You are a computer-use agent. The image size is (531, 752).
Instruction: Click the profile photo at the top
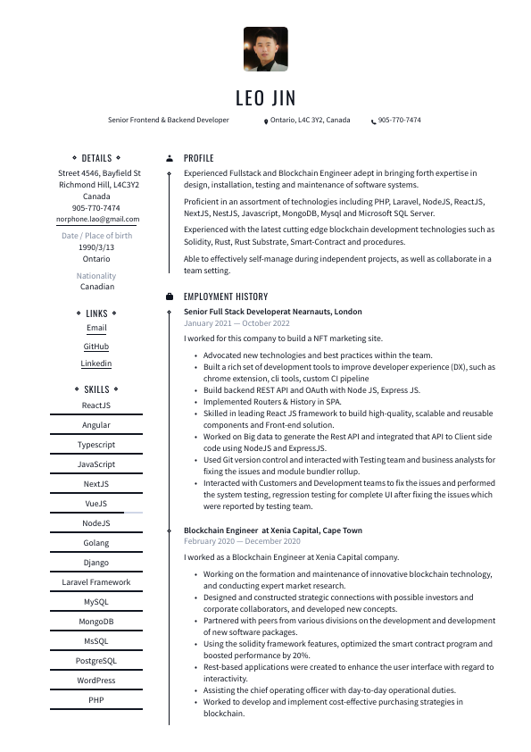(x=265, y=49)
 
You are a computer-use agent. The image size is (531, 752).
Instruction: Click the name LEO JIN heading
(x=265, y=97)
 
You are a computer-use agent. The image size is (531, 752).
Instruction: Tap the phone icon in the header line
(x=373, y=121)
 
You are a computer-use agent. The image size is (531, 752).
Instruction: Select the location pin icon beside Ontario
(x=266, y=121)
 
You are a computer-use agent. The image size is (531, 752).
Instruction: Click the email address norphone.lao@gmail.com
(x=97, y=219)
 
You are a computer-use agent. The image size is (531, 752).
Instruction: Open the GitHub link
(x=96, y=347)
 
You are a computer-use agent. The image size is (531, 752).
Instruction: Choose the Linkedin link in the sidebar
(x=96, y=363)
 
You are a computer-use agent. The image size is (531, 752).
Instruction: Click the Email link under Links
(x=96, y=329)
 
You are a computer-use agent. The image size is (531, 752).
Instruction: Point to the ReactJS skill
(x=96, y=405)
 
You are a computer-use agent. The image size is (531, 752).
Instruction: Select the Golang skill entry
(x=96, y=543)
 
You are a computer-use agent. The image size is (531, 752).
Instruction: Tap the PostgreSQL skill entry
(x=96, y=661)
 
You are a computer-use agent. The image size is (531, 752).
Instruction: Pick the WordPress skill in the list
(x=96, y=681)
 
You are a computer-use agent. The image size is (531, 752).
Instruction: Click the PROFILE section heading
(x=198, y=158)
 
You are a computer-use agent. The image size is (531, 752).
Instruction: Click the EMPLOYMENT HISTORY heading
(x=225, y=297)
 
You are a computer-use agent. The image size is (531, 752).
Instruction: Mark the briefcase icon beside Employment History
(x=170, y=297)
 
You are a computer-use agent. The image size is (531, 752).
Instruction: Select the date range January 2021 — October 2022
(x=236, y=323)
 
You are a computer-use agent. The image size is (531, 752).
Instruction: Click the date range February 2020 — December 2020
(x=242, y=541)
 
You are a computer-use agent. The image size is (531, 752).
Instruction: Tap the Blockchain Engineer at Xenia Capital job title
(x=272, y=531)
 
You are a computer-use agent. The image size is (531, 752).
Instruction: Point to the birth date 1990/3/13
(x=96, y=247)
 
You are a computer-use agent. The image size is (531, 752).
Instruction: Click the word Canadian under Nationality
(x=96, y=287)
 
